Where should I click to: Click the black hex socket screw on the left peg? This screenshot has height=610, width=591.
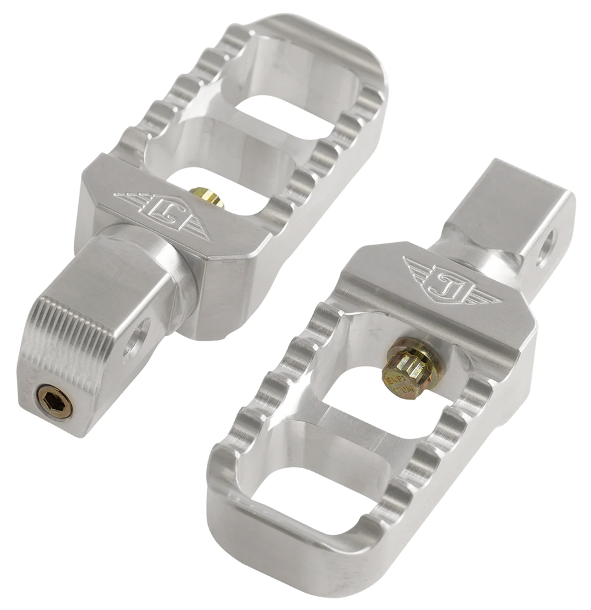pos(54,402)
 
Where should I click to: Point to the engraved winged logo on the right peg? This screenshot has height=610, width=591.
pos(452,280)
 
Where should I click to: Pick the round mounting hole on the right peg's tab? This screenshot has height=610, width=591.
pos(545,248)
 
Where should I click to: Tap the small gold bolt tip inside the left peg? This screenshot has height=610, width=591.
pos(207,197)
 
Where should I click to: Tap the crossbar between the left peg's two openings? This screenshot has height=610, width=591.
pos(254,152)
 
